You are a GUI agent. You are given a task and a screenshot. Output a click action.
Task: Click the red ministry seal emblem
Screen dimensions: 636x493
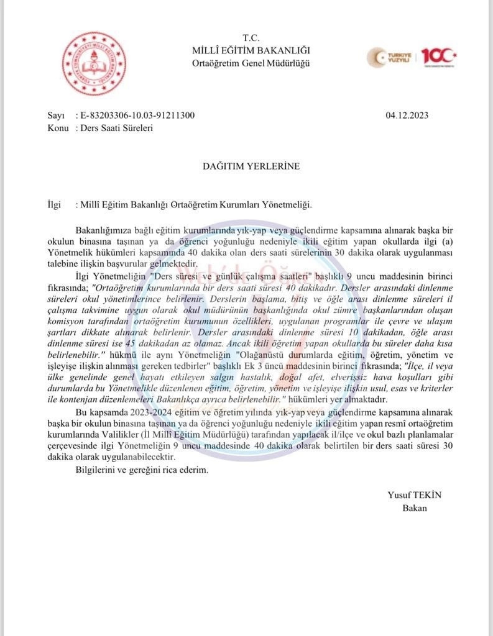[93, 63]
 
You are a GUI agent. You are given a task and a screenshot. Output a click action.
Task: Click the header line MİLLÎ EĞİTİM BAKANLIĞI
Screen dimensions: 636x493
[252, 50]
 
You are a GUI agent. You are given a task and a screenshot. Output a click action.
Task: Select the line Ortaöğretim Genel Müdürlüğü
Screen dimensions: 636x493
[252, 63]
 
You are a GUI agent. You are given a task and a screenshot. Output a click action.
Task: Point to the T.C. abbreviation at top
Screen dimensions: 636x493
[252, 38]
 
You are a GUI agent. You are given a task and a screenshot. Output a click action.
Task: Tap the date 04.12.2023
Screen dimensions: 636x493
[407, 116]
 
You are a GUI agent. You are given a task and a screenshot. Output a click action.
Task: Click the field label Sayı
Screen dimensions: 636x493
[55, 116]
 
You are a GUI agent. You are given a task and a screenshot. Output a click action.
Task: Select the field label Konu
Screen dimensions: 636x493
[58, 128]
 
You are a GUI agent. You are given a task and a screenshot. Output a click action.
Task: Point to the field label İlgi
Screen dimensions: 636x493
[55, 204]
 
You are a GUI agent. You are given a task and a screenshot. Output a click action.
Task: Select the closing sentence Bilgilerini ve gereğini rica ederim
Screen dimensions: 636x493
[142, 470]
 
